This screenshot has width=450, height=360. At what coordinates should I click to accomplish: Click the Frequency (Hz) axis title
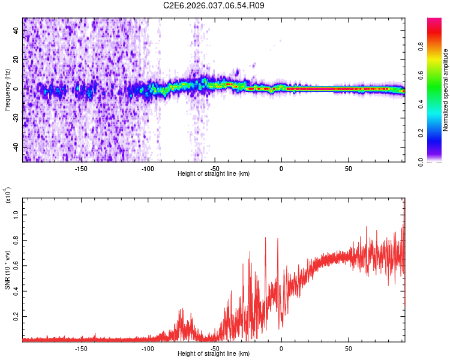click(7, 90)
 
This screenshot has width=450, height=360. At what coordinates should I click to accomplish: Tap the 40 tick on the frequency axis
click(16, 29)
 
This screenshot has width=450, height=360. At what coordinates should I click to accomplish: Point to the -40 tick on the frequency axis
click(16, 147)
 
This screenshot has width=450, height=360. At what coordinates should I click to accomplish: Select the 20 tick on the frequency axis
click(16, 59)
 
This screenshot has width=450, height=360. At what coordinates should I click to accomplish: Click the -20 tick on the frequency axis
click(16, 118)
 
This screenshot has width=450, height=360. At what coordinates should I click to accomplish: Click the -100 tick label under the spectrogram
click(148, 168)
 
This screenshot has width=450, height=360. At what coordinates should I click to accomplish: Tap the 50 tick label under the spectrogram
click(348, 168)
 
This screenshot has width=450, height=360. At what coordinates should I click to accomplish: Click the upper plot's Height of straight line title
click(214, 174)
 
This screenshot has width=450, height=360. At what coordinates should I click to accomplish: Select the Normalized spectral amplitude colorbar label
click(445, 90)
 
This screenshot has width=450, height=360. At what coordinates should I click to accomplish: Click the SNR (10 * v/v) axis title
click(7, 270)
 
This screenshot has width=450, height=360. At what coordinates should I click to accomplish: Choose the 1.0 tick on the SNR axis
click(16, 214)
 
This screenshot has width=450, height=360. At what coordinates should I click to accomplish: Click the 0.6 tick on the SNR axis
click(16, 265)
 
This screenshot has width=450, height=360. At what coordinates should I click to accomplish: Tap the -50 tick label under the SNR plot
click(214, 348)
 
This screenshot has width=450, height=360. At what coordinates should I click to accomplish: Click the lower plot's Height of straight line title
click(214, 354)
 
